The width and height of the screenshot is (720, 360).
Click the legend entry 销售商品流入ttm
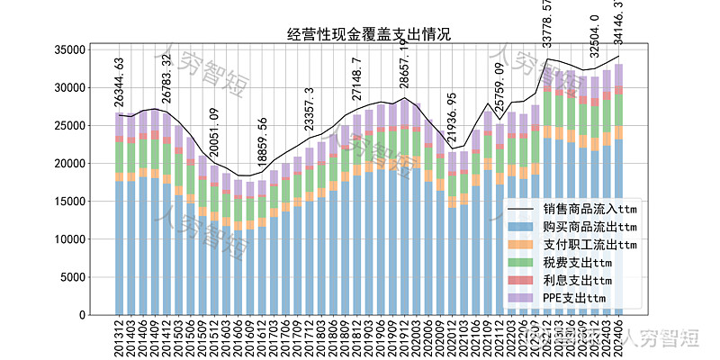click(589, 210)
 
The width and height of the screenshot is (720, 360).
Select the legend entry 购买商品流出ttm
click(589, 227)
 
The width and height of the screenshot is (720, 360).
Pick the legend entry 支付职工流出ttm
click(589, 245)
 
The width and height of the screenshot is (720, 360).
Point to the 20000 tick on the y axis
click(85, 164)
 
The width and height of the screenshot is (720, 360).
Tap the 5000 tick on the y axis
click(88, 277)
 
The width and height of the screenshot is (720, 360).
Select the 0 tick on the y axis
click(97, 315)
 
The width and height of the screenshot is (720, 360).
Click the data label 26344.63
click(119, 82)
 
